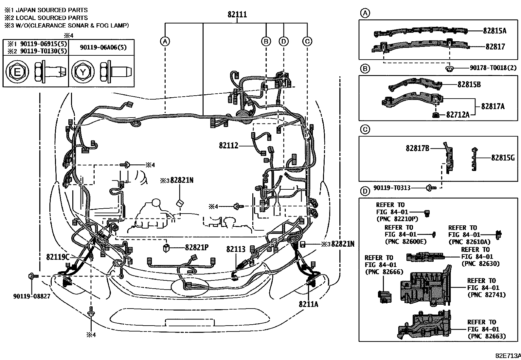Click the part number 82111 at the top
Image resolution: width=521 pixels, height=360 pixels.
(237, 15)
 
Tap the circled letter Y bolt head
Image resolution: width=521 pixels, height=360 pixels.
(83, 72)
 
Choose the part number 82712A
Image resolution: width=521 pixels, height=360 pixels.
(458, 115)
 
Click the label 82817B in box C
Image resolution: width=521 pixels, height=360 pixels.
(417, 148)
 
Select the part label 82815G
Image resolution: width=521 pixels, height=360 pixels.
(503, 158)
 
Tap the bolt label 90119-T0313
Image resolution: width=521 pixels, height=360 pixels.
(392, 188)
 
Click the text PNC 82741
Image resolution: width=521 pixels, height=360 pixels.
(487, 295)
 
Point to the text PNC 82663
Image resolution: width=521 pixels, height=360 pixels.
(487, 336)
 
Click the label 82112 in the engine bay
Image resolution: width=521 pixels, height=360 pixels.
(228, 145)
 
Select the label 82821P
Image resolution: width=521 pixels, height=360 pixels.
(197, 248)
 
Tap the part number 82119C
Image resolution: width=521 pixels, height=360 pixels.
(58, 257)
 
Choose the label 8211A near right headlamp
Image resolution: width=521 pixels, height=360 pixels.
(308, 304)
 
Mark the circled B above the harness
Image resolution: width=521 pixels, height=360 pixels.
(266, 41)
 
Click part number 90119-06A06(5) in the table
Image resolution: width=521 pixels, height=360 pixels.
(103, 47)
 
